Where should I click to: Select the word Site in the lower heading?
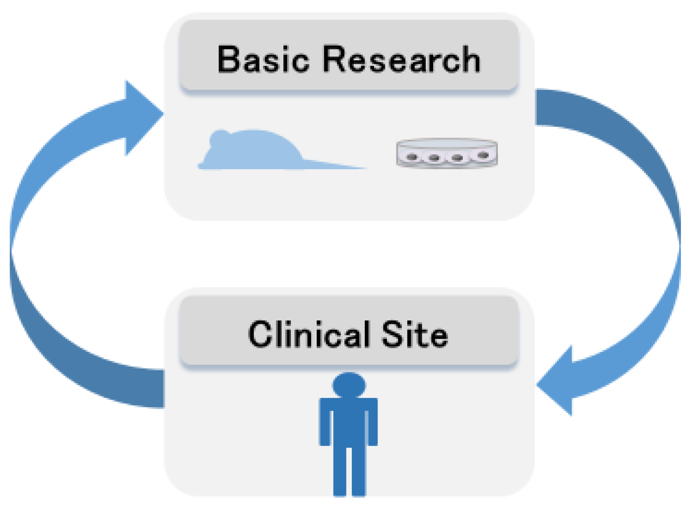(x=415, y=334)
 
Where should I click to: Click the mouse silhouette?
(x=254, y=152)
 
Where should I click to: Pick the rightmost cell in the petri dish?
(x=483, y=155)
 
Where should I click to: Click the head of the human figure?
(x=349, y=385)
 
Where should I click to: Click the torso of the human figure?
(x=349, y=421)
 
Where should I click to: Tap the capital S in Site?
(x=393, y=334)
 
